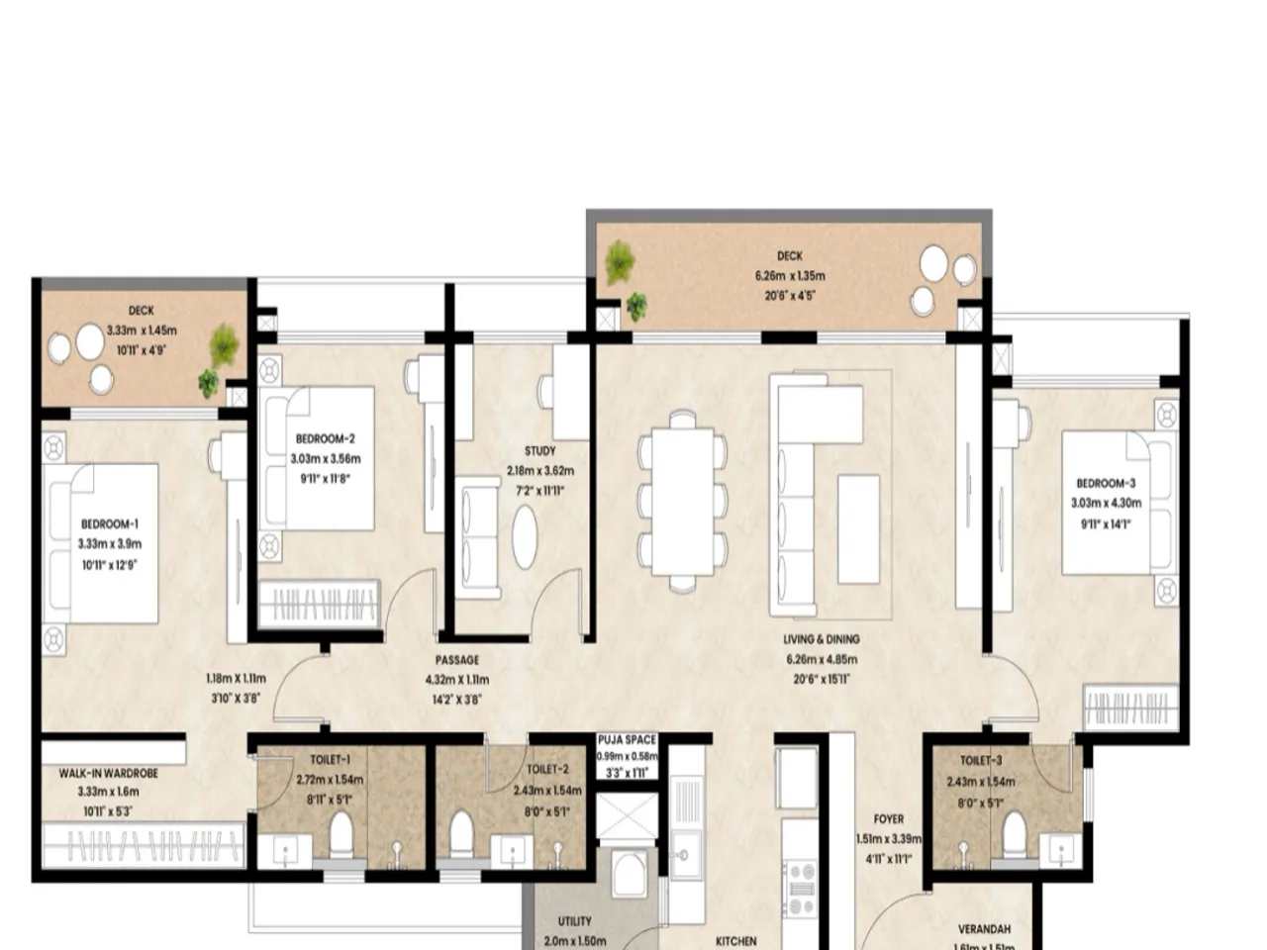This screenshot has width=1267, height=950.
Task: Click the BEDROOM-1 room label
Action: tap(109, 523)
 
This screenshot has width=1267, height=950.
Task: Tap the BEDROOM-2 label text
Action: tap(325, 438)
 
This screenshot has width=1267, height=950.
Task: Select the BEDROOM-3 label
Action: tap(1106, 484)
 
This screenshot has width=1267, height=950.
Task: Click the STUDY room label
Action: tap(539, 451)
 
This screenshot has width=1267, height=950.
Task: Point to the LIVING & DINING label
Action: tap(821, 640)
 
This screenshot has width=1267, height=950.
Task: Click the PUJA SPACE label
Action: tap(627, 740)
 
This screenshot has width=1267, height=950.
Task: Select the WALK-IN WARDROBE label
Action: tap(108, 773)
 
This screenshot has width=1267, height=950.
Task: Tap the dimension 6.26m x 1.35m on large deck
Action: tap(789, 276)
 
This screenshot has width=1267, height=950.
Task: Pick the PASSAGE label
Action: tap(456, 660)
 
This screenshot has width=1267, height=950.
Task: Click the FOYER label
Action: tap(888, 819)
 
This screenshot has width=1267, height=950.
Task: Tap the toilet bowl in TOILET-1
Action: tap(341, 834)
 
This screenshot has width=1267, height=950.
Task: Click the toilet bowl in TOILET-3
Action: tap(1014, 833)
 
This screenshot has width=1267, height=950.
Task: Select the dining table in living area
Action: tap(682, 501)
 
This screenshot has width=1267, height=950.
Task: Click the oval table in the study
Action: tap(525, 536)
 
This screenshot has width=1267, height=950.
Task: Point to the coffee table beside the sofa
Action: tap(858, 528)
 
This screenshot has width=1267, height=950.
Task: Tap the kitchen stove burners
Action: tap(800, 889)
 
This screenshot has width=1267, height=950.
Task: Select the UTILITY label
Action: tap(574, 921)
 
